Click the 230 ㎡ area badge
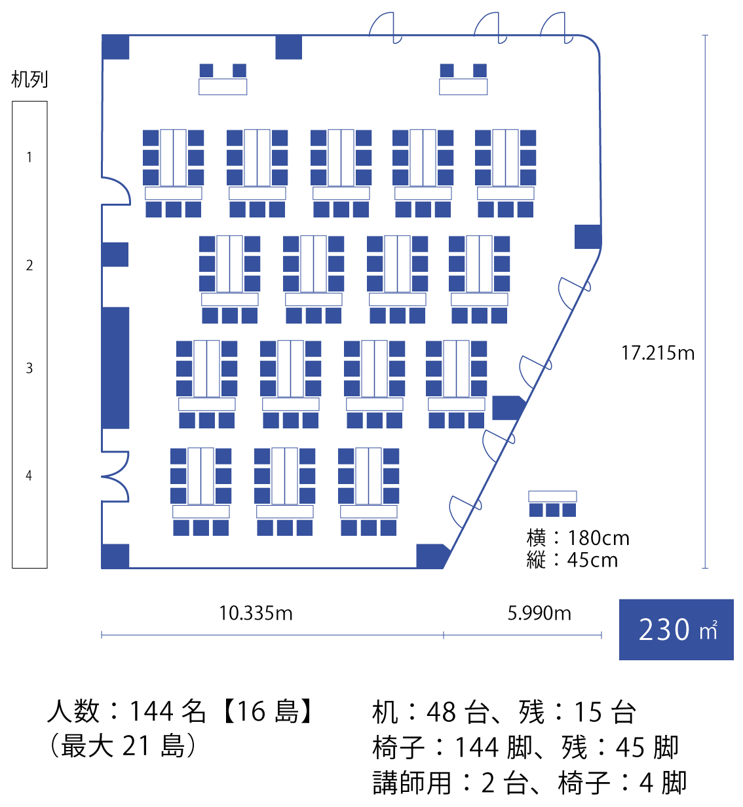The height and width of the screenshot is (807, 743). tap(676, 629)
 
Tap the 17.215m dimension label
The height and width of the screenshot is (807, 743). tap(658, 353)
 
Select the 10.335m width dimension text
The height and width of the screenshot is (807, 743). tap(256, 614)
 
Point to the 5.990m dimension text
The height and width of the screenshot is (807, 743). tap(539, 614)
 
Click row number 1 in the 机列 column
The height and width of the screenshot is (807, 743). tap(29, 157)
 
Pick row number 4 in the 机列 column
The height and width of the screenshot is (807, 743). tap(29, 476)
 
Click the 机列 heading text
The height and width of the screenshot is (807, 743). tap(29, 79)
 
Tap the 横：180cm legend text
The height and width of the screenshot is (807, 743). tap(578, 538)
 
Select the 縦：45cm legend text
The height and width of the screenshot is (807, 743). tap(572, 560)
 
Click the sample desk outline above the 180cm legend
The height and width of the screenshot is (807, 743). tap(552, 496)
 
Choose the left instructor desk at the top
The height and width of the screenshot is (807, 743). tap(223, 87)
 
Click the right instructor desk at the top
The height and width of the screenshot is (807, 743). tap(463, 87)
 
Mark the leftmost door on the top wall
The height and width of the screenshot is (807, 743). tap(386, 28)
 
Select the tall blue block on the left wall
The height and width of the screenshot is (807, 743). tap(115, 368)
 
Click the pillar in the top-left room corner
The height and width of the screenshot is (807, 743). tap(115, 47)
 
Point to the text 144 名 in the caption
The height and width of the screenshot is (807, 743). tap(167, 711)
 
